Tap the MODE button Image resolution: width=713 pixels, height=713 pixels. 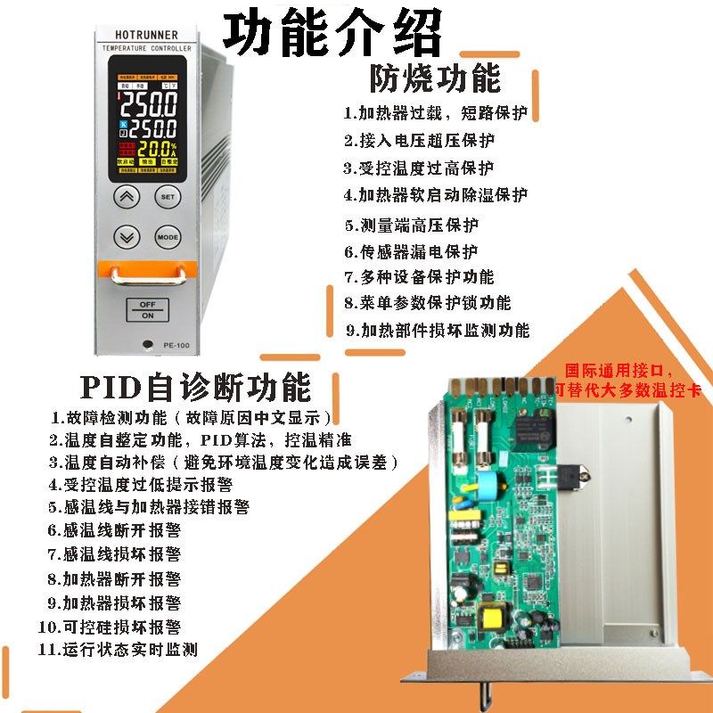pyautogui.click(x=168, y=237)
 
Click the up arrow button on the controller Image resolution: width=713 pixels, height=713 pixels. pyautogui.click(x=128, y=196)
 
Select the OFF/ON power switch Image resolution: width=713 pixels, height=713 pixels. pyautogui.click(x=147, y=309)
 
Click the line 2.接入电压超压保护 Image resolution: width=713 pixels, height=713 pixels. pyautogui.click(x=420, y=141)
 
